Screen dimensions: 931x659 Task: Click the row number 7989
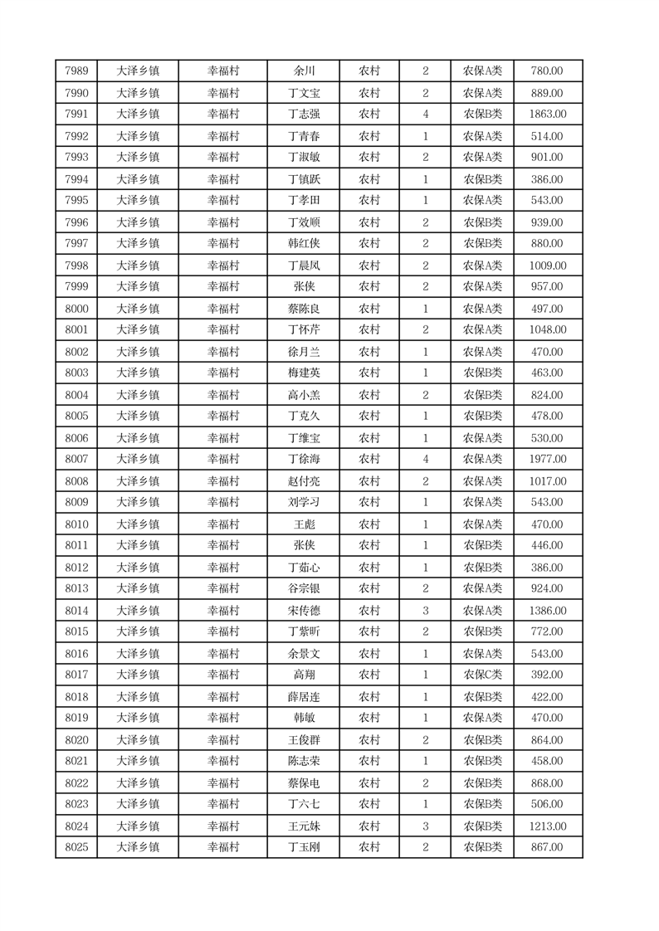[76, 71]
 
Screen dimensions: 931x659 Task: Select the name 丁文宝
[304, 93]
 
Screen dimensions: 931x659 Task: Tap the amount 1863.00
[547, 115]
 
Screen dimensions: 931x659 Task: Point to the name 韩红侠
[304, 243]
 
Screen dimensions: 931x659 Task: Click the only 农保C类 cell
[482, 675]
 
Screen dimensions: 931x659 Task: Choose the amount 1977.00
[547, 459]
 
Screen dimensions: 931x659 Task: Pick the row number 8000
[76, 308]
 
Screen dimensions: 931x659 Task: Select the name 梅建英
[304, 373]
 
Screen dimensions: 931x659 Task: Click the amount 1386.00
[547, 610]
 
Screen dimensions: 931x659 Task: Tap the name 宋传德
[304, 610]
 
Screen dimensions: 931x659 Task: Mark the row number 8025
[76, 847]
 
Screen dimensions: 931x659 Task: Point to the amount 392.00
[547, 675]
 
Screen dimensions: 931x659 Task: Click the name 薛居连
[304, 696]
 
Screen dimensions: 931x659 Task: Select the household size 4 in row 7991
[426, 115]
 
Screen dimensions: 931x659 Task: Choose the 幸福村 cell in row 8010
[223, 524]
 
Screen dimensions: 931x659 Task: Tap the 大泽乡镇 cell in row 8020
[138, 739]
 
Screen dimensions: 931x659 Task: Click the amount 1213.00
[547, 826]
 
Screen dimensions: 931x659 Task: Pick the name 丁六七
[304, 804]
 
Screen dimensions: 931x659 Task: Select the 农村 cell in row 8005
[369, 416]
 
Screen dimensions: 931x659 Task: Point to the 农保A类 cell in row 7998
[482, 265]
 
